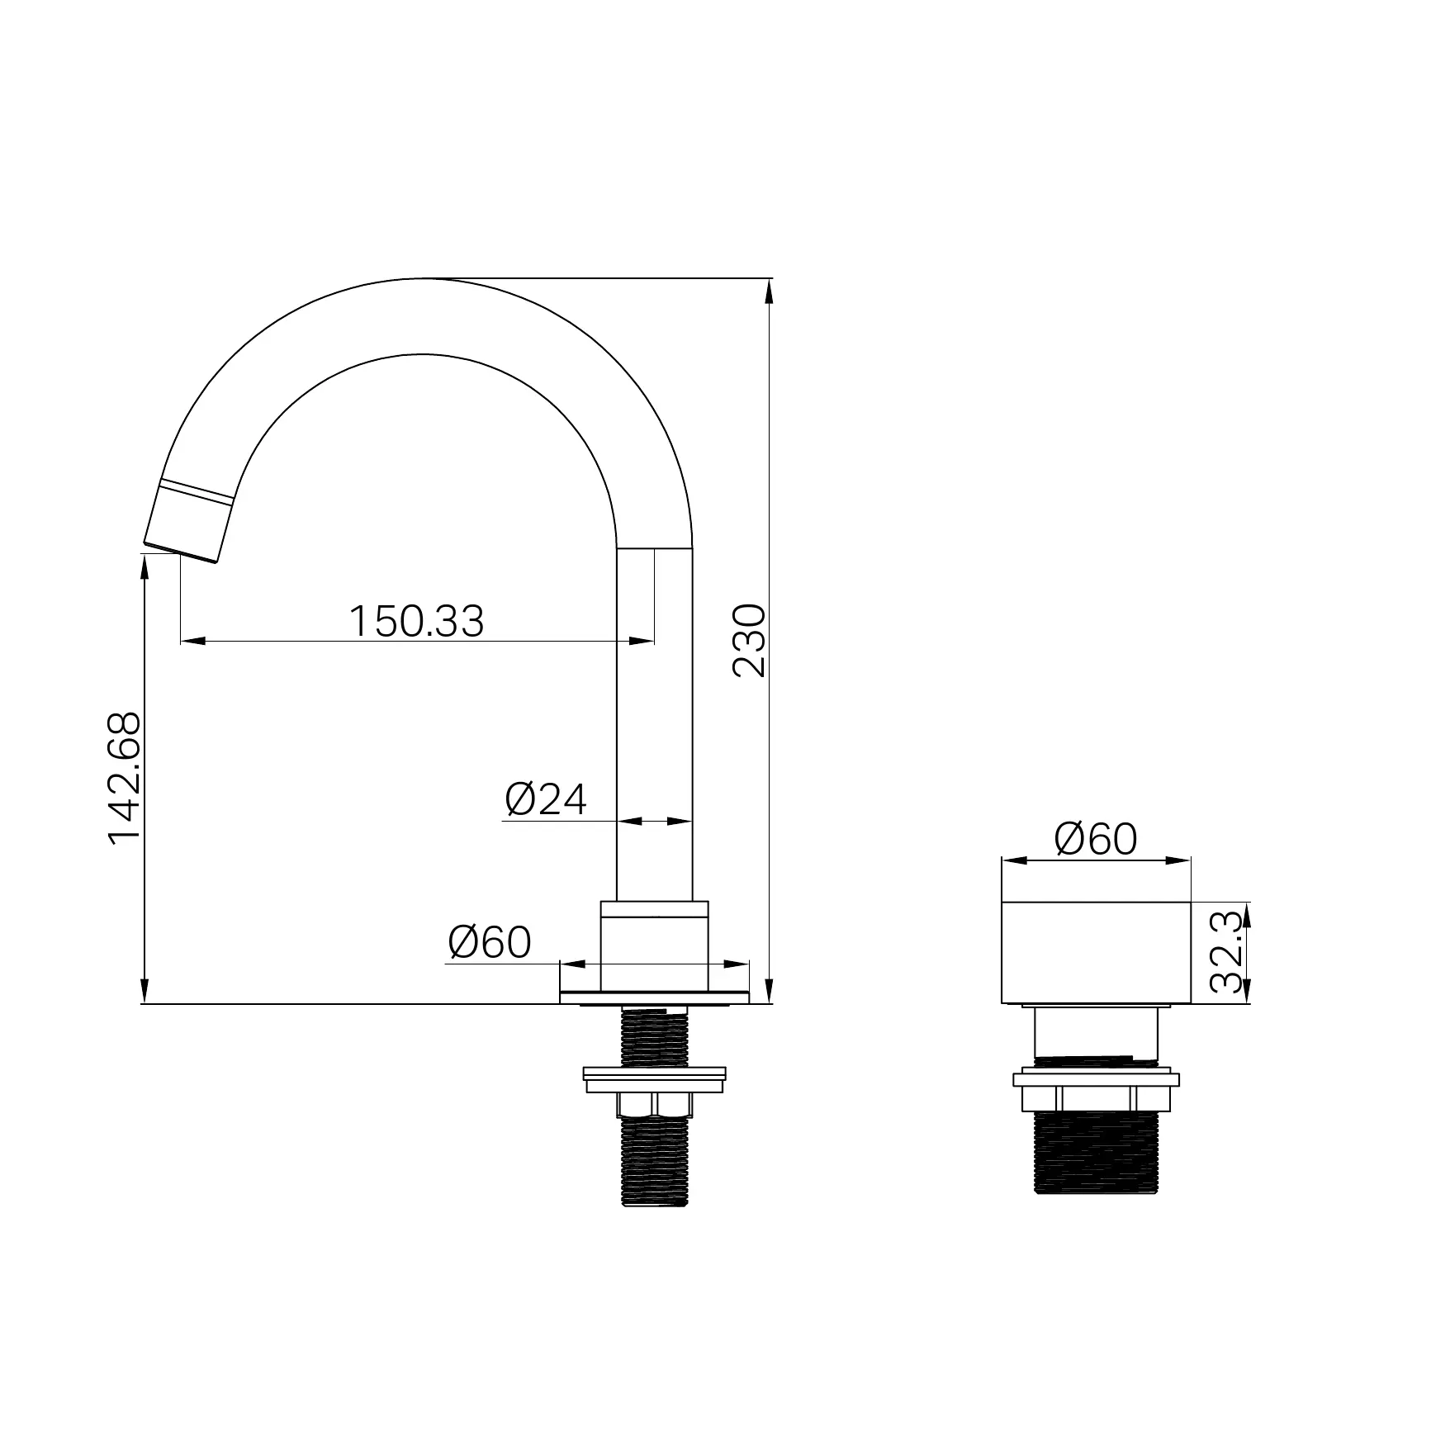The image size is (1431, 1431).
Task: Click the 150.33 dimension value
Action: [416, 621]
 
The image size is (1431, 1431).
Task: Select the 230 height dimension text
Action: [750, 642]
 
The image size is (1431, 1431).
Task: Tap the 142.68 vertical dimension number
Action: [125, 779]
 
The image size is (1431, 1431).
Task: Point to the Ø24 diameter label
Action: [546, 798]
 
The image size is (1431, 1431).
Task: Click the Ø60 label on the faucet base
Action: [490, 941]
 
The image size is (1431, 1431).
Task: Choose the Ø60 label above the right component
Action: [1096, 839]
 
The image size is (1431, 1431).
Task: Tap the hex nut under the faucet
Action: [654, 1106]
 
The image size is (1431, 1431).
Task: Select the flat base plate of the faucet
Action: [654, 997]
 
